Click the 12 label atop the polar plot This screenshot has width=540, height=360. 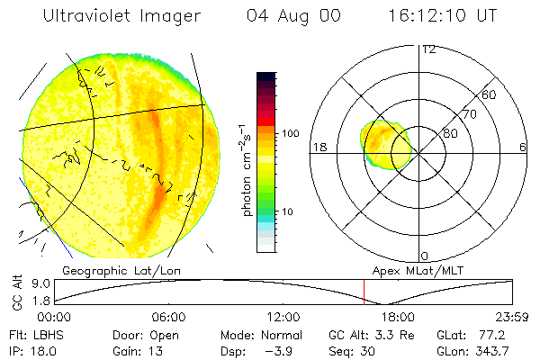point(429,49)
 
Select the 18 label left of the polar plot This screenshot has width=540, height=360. point(319,148)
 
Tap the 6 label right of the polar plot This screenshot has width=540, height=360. point(522,148)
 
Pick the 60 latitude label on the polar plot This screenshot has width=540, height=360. point(490,94)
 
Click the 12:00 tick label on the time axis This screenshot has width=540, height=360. point(283,318)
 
